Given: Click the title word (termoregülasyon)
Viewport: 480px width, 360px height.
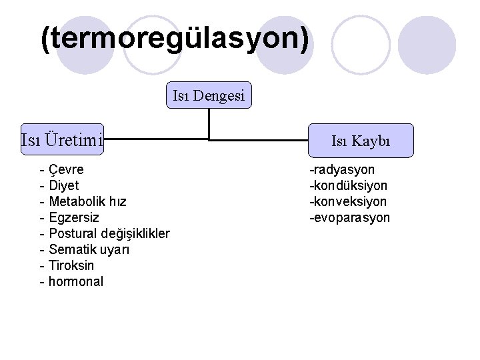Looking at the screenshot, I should [175, 40].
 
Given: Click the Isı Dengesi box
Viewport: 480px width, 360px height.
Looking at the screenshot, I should [209, 97].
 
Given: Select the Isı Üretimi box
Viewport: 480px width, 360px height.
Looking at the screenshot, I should [62, 140].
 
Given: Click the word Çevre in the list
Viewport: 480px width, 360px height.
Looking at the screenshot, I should [67, 169].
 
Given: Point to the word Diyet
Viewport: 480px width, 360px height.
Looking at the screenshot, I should [64, 185].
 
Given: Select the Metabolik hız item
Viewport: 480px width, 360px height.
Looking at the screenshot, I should [87, 201].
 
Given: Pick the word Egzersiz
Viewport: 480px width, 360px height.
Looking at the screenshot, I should [74, 217].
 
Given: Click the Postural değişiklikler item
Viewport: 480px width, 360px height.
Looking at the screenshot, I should [109, 233].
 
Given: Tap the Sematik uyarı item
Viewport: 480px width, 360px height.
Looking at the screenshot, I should [89, 249].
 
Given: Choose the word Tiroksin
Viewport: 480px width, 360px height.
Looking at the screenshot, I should [71, 265].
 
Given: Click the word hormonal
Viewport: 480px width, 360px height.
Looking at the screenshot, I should [76, 281].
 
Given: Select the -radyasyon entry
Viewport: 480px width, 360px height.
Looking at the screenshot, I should [341, 169].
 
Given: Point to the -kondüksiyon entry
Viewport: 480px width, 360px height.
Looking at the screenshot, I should [347, 185].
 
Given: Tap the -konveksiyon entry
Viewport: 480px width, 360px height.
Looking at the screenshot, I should [347, 201].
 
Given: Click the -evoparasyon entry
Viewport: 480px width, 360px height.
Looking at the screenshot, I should [349, 218].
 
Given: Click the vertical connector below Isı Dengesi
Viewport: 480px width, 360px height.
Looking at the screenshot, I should [209, 123].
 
